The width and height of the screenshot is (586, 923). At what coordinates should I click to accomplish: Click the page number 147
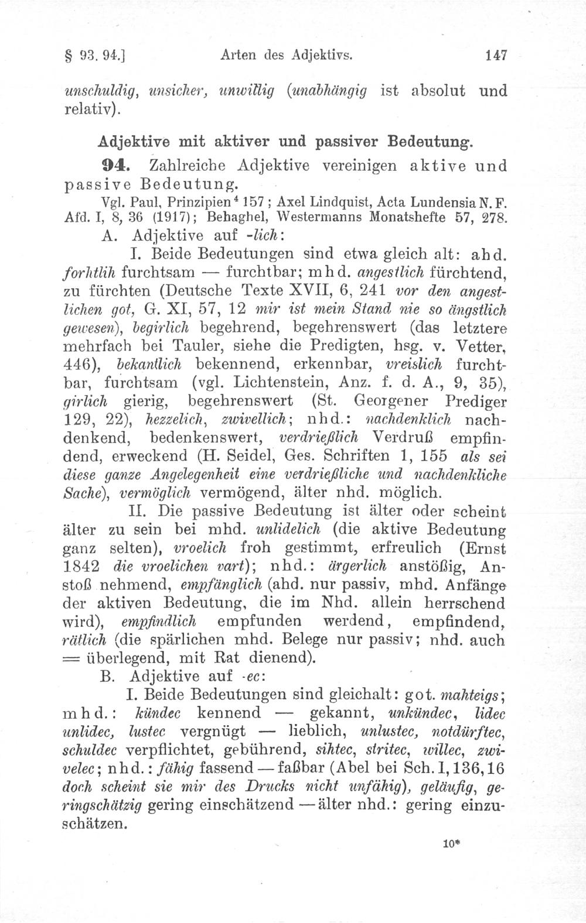[x=496, y=56]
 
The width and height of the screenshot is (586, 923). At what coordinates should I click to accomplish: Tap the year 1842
[x=80, y=569]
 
